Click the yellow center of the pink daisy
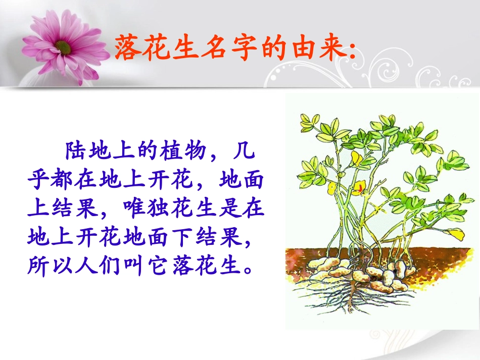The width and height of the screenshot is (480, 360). click(x=64, y=47)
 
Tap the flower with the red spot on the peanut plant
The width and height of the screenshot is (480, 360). click(x=359, y=189)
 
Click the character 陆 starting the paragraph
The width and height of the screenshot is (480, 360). click(x=74, y=150)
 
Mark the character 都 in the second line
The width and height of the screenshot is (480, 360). click(x=64, y=179)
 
